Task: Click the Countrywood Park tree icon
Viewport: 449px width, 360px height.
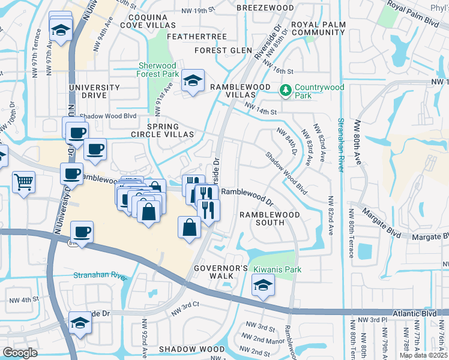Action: (286, 91)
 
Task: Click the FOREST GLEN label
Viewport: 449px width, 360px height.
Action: (222, 50)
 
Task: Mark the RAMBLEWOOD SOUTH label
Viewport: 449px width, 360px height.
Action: (262, 218)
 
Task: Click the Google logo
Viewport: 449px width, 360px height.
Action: (20, 352)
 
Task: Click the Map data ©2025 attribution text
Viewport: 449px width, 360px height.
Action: (423, 355)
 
